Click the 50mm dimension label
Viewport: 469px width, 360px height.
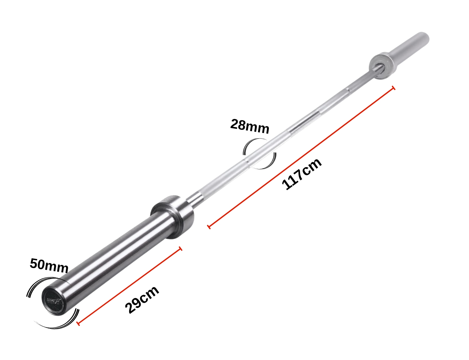(x=49, y=265)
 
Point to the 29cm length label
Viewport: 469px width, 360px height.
(x=142, y=300)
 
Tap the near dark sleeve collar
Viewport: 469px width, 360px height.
(x=174, y=216)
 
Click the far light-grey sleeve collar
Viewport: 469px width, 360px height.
(x=383, y=66)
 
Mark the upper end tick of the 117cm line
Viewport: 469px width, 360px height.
(x=394, y=88)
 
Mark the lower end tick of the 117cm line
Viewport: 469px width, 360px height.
(x=209, y=227)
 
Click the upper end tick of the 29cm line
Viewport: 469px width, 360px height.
(x=181, y=248)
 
